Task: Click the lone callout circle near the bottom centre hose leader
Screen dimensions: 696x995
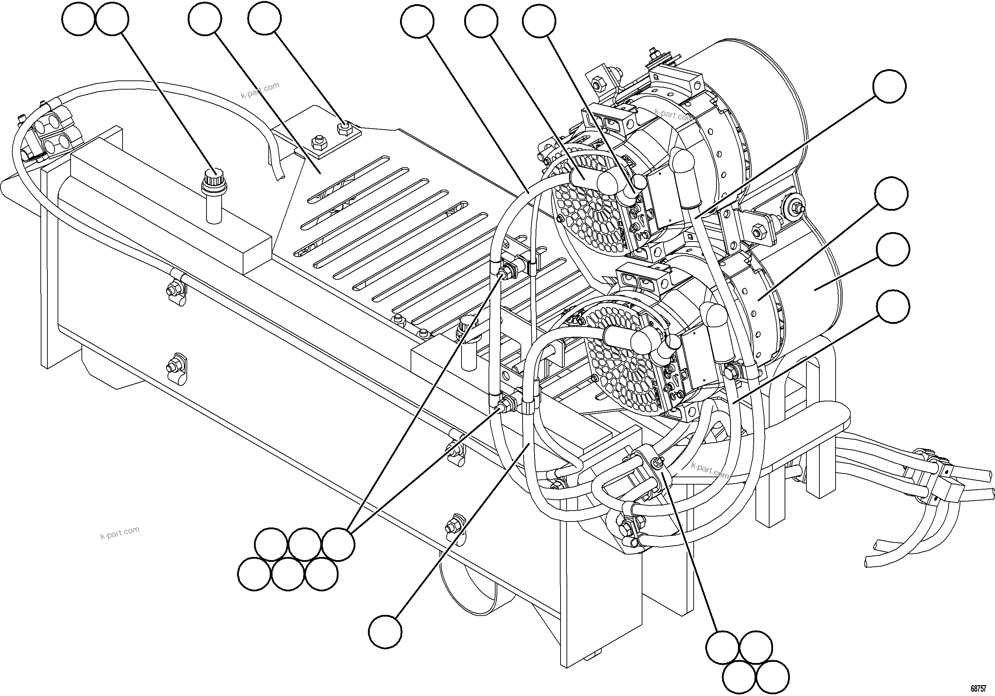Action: tap(385, 632)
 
